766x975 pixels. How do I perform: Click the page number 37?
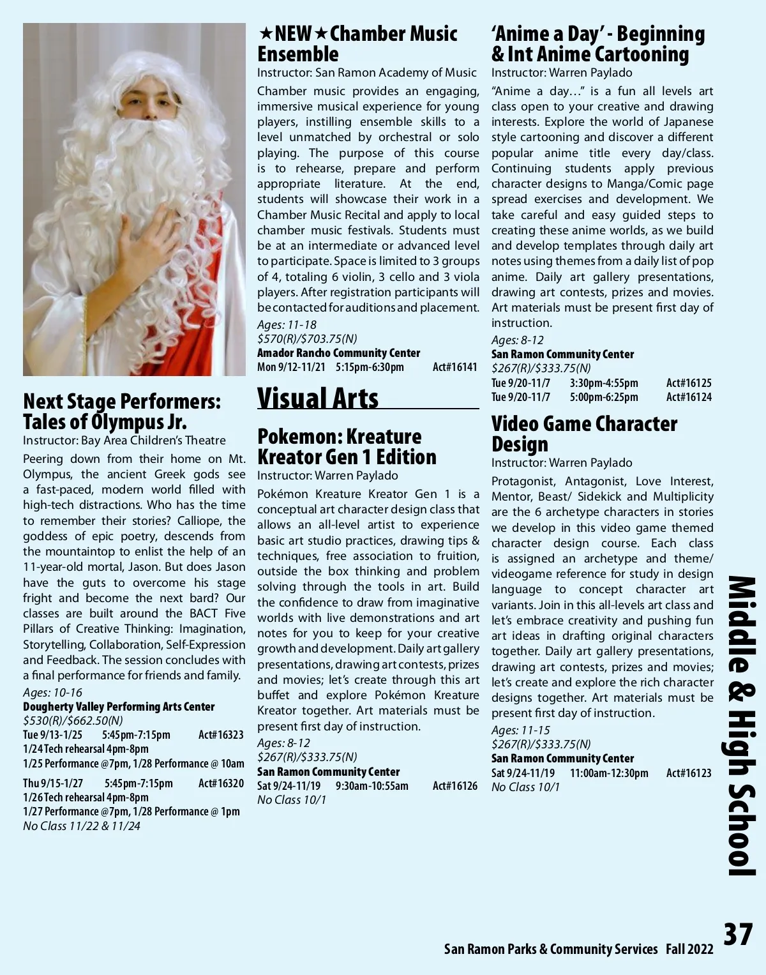738,934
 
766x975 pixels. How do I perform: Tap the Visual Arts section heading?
318,398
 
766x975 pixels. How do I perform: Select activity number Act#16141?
454,367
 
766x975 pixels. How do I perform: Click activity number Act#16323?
221,735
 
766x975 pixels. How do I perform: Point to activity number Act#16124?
689,397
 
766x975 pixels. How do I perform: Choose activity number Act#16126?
454,786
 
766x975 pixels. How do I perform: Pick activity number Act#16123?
689,773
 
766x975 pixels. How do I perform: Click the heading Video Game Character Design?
584,434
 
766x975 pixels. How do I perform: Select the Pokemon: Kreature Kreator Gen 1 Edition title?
347,446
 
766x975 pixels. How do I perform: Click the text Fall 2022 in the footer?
689,949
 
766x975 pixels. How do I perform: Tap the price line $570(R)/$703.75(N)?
307,339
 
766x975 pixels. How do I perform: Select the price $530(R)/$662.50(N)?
73,721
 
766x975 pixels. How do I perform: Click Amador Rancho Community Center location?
338,353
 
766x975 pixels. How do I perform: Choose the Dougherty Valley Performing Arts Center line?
119,707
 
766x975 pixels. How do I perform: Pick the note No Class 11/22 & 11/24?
82,826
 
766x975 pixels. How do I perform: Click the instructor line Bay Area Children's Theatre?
124,441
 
